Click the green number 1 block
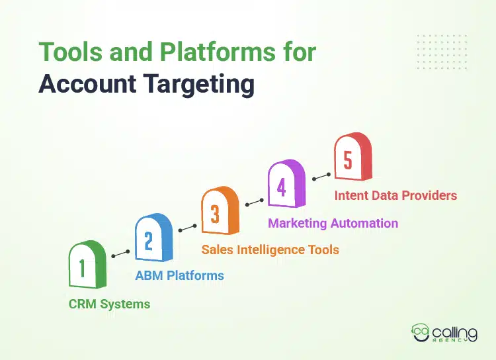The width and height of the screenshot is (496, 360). (x=87, y=266)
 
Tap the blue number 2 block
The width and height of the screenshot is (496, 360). (x=153, y=238)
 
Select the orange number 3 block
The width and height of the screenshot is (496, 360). (x=219, y=211)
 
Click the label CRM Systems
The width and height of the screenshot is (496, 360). (x=109, y=304)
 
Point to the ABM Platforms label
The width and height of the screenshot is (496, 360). (x=179, y=275)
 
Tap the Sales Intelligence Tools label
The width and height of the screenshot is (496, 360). (x=270, y=249)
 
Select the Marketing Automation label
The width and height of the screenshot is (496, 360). (x=333, y=223)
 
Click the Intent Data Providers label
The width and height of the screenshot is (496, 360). (x=395, y=195)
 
